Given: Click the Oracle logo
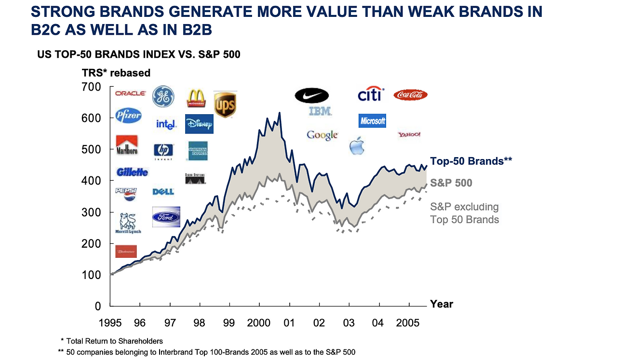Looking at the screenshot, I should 130,93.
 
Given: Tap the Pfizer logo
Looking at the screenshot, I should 129,116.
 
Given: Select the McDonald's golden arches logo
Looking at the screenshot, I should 196,98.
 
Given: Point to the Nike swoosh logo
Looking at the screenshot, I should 311,95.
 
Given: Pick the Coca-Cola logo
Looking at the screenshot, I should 411,95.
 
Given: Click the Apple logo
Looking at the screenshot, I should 357,146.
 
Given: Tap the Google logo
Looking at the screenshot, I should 322,135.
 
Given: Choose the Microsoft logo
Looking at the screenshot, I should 373,120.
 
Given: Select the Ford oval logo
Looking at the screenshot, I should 166,217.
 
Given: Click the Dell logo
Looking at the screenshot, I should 163,192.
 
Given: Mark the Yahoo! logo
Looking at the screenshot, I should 409,134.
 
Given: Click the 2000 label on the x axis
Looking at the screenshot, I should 259,322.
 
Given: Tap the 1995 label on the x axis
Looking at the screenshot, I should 110,322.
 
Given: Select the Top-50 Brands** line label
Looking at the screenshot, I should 471,161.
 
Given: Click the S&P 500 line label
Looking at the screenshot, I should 451,183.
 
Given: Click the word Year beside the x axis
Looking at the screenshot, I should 441,304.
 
